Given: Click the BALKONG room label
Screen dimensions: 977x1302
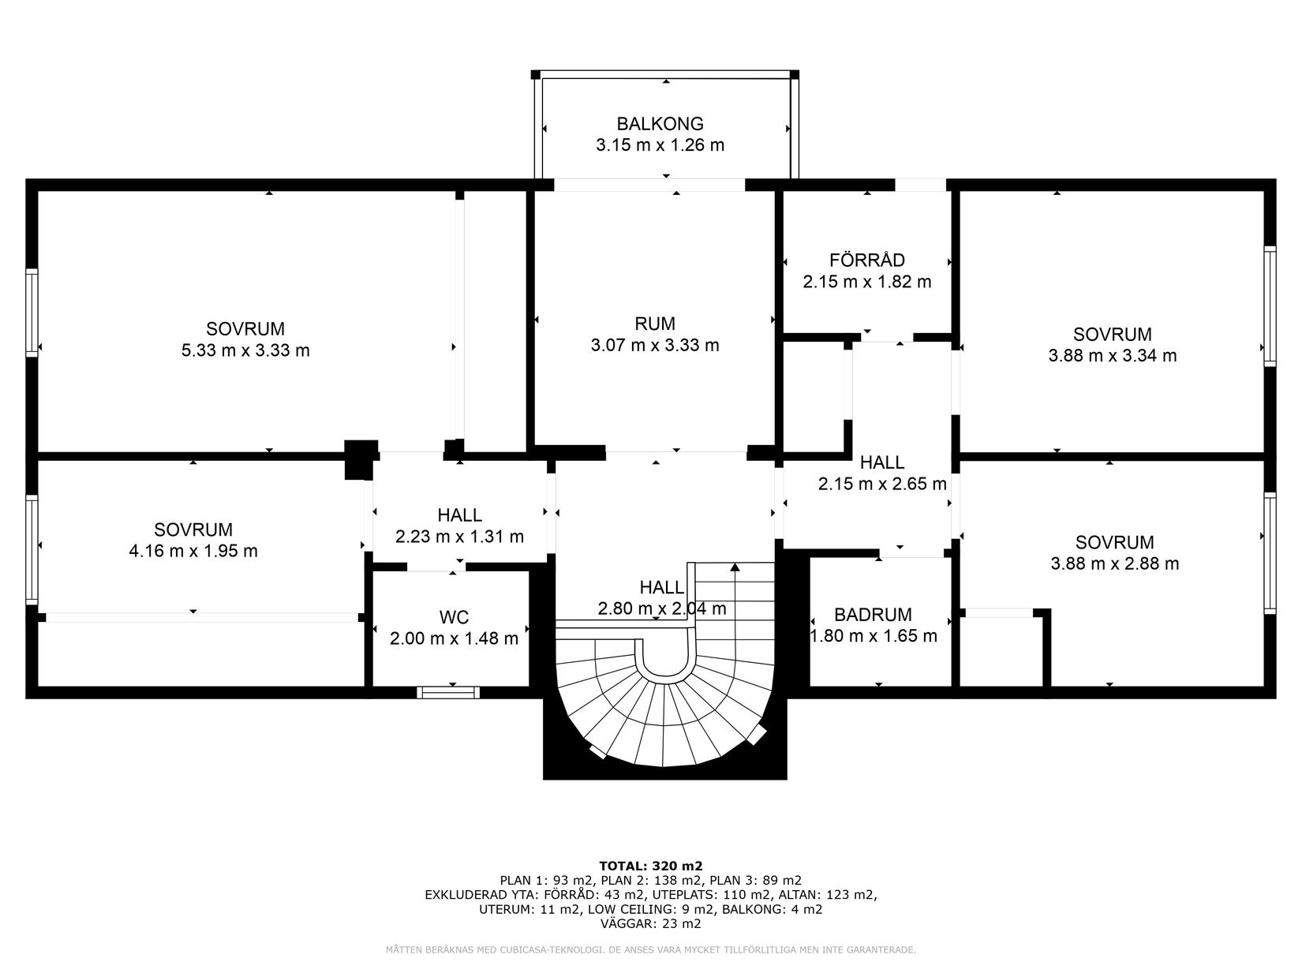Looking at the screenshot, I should tap(660, 124).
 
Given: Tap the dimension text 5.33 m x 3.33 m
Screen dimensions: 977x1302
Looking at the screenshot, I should tap(245, 350).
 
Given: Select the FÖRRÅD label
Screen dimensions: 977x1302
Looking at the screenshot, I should tap(866, 260).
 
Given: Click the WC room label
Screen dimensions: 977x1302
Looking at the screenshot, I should tap(455, 616).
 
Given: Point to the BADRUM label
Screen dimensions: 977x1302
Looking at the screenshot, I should tap(873, 615).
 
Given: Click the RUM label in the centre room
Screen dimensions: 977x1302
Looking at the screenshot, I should tap(654, 324).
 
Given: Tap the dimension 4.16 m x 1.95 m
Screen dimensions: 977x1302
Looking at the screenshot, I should tap(193, 551).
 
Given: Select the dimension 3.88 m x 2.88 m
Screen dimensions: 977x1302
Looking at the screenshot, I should tap(1115, 563).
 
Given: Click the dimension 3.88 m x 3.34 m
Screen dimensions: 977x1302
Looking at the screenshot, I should tap(1112, 356).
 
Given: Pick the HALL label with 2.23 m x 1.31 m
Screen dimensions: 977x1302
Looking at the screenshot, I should tap(460, 515).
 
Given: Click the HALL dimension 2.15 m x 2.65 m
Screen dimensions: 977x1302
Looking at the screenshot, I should tap(881, 484).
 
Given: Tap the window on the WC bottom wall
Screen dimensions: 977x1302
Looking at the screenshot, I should tap(448, 692).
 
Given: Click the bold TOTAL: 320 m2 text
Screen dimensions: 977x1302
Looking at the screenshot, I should tap(650, 866).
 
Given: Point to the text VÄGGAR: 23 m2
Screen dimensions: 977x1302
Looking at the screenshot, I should tap(650, 923).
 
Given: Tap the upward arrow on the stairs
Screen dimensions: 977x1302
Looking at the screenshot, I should tap(735, 567).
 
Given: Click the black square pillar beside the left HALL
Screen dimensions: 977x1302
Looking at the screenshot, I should tap(360, 460).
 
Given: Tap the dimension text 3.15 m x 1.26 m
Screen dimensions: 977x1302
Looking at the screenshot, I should tap(660, 145).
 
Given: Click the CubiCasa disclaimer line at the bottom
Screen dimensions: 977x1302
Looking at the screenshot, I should tap(650, 950).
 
